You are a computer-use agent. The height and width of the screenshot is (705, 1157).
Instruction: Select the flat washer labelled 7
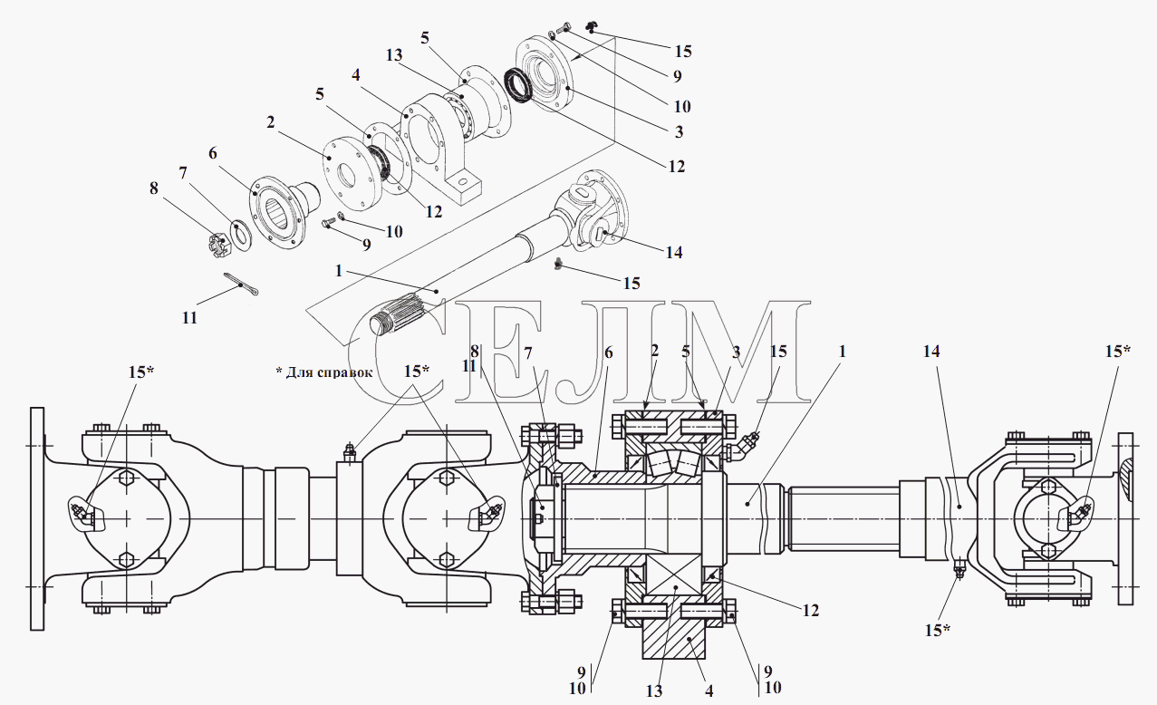coord(241,235)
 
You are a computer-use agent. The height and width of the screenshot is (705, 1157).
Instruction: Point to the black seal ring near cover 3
coord(518,84)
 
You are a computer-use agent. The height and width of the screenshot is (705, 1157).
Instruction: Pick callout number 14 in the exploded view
coord(674,252)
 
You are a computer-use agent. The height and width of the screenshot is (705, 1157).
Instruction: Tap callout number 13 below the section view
coord(654,691)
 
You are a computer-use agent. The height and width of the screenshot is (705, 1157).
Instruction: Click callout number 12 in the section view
coord(810,610)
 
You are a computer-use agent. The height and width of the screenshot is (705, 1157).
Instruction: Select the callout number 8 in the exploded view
coord(154,188)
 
